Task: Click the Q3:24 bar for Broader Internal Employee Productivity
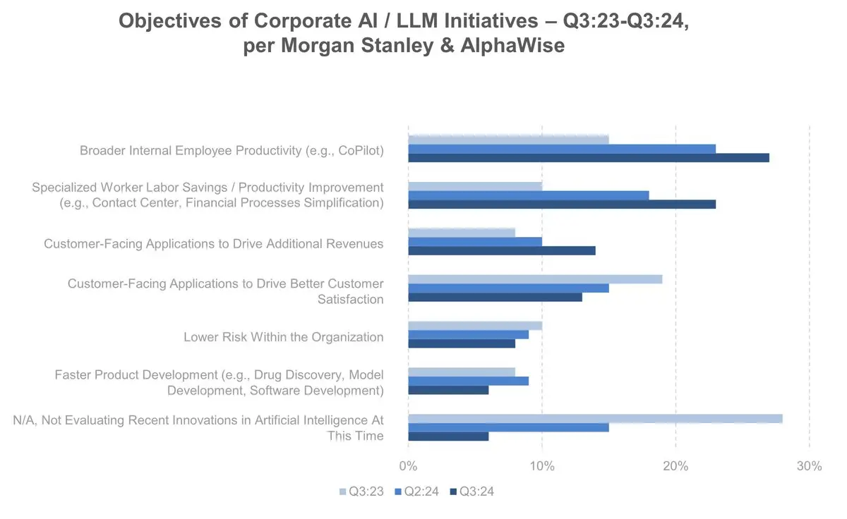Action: pos(589,157)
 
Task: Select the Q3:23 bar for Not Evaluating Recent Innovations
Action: pos(595,418)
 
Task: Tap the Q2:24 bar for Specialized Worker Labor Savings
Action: pos(528,195)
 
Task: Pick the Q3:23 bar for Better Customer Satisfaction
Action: pos(535,279)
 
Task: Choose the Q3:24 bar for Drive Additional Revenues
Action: pos(502,250)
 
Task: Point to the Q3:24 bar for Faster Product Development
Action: pos(448,390)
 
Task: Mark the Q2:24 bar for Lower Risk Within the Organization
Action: pos(468,334)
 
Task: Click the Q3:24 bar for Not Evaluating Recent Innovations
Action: pos(448,436)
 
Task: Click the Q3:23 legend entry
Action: pos(361,491)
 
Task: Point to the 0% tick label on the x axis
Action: pos(408,466)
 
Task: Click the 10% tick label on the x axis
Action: pos(541,466)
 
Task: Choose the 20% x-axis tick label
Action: pos(675,466)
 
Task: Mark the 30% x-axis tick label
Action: pos(809,466)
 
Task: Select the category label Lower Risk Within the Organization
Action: pos(283,337)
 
